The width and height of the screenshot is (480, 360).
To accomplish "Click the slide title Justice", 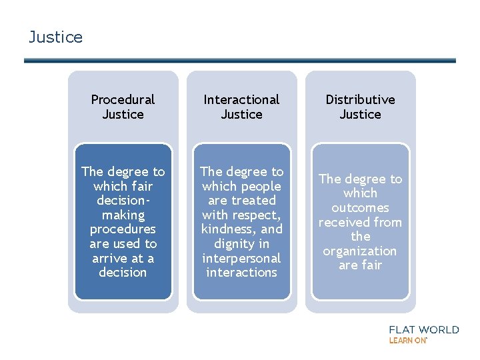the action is pyautogui.click(x=56, y=37).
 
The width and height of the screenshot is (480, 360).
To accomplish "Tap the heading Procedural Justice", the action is pyautogui.click(x=123, y=107).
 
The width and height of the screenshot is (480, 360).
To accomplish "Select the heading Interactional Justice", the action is pyautogui.click(x=241, y=107).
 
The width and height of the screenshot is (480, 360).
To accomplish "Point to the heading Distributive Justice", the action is pyautogui.click(x=360, y=107).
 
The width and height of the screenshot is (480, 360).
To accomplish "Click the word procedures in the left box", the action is pyautogui.click(x=123, y=229).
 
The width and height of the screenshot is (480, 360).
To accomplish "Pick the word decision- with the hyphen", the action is pyautogui.click(x=123, y=200).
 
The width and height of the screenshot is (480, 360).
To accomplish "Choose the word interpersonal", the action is pyautogui.click(x=241, y=258).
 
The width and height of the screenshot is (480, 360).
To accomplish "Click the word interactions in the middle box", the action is pyautogui.click(x=241, y=273).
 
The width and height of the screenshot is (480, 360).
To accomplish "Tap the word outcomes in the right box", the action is pyautogui.click(x=360, y=207).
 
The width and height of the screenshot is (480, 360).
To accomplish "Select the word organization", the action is pyautogui.click(x=360, y=251).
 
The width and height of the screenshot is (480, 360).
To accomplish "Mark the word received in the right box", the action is pyautogui.click(x=344, y=222).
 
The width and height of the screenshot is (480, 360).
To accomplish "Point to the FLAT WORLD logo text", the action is pyautogui.click(x=424, y=329).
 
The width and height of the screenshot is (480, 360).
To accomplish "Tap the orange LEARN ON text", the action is pyautogui.click(x=407, y=341).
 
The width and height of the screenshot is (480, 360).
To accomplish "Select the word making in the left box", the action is pyautogui.click(x=123, y=215).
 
